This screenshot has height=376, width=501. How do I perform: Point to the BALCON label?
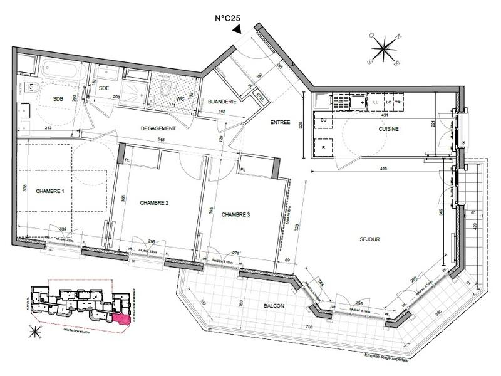(x=274, y=305)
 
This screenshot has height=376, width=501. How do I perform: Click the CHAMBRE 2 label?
(x=154, y=202)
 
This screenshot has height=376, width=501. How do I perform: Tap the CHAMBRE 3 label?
(x=235, y=214)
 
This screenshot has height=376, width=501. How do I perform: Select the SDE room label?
(x=105, y=88)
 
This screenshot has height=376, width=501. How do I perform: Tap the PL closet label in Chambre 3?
(x=244, y=169)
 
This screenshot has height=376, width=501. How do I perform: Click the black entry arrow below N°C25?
(x=236, y=28)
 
